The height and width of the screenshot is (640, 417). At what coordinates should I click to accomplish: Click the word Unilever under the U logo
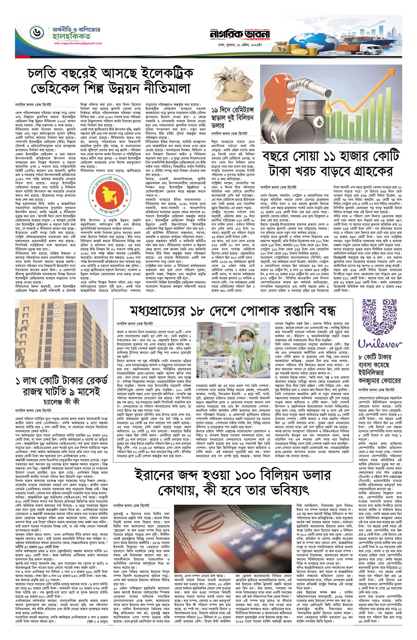(380, 344)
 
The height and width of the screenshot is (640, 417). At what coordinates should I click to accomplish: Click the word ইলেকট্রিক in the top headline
(158, 74)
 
